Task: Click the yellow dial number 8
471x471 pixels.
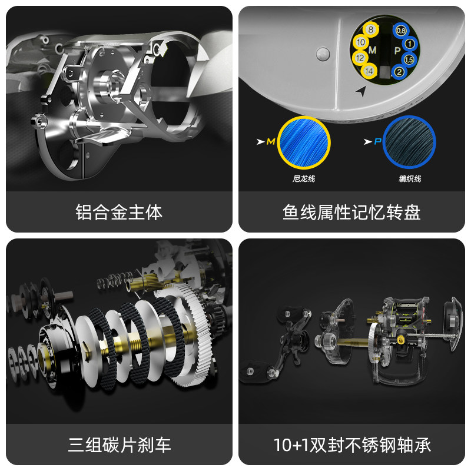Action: pyautogui.click(x=370, y=29)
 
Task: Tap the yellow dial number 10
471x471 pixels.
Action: pyautogui.click(x=361, y=43)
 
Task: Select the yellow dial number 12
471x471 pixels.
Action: pyautogui.click(x=360, y=58)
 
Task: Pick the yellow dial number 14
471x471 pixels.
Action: pyautogui.click(x=369, y=71)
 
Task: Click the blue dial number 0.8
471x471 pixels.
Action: pyautogui.click(x=401, y=29)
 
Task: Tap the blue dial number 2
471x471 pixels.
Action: pyautogui.click(x=400, y=72)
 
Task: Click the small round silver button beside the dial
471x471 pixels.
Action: pyautogui.click(x=321, y=55)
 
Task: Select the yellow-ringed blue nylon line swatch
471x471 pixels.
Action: pyautogui.click(x=303, y=141)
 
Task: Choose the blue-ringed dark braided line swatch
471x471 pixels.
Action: pyautogui.click(x=409, y=141)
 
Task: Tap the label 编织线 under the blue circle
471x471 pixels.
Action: pyautogui.click(x=409, y=178)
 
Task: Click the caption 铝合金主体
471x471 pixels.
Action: pyautogui.click(x=119, y=212)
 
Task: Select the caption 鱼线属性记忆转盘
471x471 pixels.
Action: pyautogui.click(x=351, y=212)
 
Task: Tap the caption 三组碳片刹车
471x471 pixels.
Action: pyautogui.click(x=119, y=444)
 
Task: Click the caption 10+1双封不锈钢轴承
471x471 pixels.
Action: pyautogui.click(x=351, y=444)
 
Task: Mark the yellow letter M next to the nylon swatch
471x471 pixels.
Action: pyautogui.click(x=270, y=142)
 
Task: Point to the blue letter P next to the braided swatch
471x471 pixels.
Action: pyautogui.click(x=376, y=142)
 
